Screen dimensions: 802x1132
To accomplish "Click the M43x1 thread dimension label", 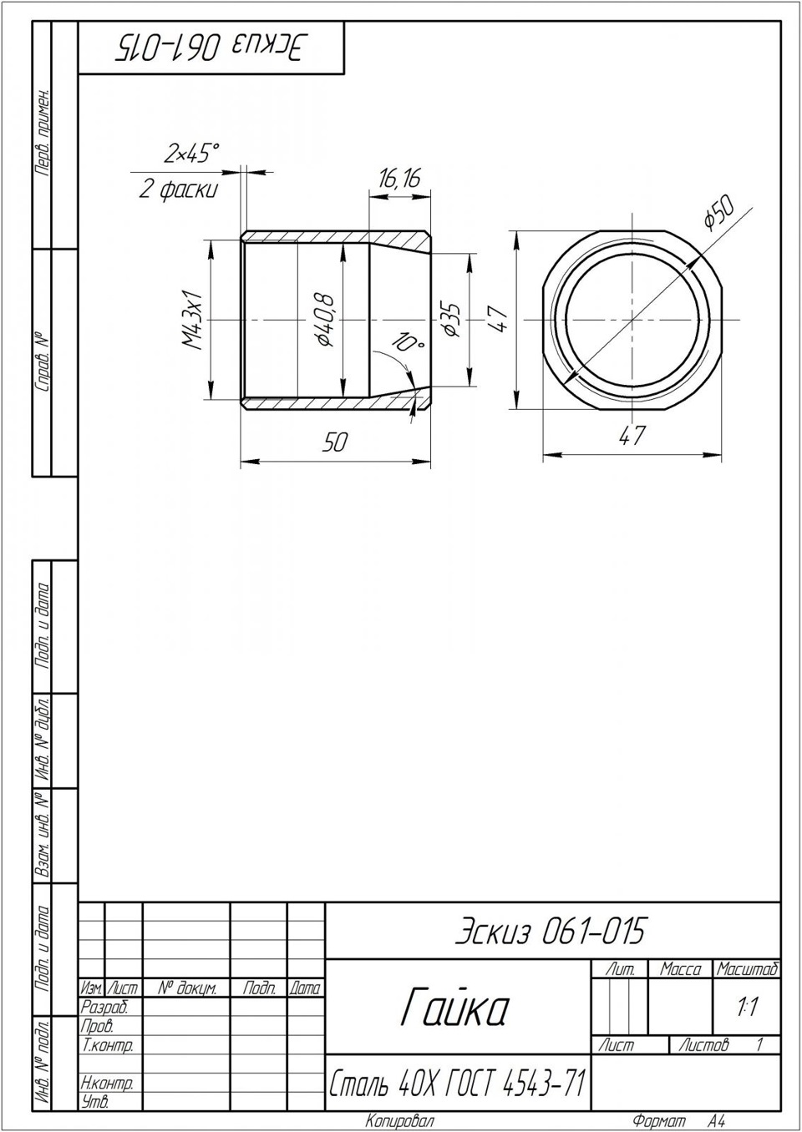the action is click(194, 321).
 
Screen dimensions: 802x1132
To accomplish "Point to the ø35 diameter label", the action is click(450, 321).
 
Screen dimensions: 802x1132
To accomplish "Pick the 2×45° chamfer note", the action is click(191, 153).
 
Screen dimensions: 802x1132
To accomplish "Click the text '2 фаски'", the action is click(179, 190).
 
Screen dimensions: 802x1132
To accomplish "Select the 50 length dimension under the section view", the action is click(335, 442).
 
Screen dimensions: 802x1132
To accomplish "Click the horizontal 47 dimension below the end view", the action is click(632, 435).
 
